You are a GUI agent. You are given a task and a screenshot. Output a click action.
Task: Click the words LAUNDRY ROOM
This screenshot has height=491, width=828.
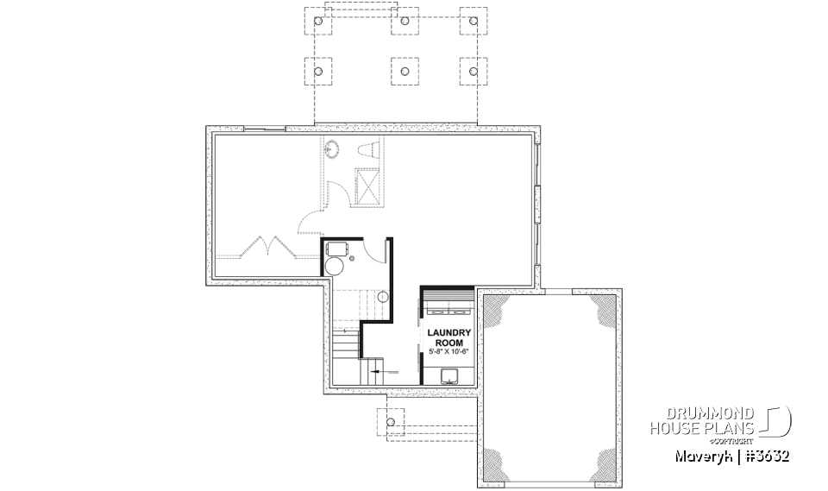coord(448,337)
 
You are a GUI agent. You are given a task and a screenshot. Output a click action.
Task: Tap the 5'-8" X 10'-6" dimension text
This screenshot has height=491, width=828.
coord(448,350)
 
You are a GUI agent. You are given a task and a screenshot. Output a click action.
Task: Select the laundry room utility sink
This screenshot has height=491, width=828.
coord(449,375)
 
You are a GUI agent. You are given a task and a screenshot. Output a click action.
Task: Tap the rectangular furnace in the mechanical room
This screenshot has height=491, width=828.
coord(339,248)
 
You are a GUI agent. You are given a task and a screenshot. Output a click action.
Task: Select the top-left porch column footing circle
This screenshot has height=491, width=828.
coord(319,20)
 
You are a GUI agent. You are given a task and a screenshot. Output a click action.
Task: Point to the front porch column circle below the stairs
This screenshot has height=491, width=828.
coord(391,422)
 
